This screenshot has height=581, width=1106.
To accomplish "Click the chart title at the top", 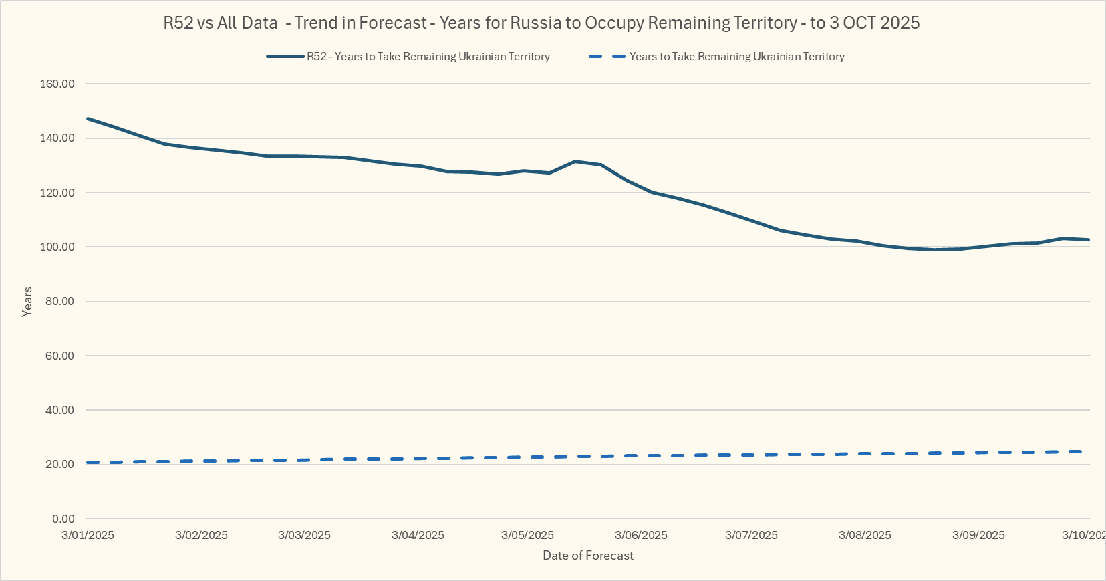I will pyautogui.click(x=541, y=23).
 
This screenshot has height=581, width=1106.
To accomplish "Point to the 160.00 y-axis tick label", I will pyautogui.click(x=57, y=84).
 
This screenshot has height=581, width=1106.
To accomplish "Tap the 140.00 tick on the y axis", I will pyautogui.click(x=57, y=138).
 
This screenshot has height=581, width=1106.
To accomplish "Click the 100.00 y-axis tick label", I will pyautogui.click(x=57, y=247).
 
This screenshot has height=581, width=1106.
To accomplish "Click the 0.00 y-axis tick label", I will pyautogui.click(x=63, y=519).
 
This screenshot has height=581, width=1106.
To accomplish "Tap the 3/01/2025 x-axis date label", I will pyautogui.click(x=88, y=535).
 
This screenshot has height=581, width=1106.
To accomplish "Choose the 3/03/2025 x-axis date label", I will pyautogui.click(x=304, y=535).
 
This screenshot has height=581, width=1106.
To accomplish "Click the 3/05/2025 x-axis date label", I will pyautogui.click(x=527, y=535).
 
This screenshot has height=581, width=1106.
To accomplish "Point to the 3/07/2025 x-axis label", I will pyautogui.click(x=751, y=535).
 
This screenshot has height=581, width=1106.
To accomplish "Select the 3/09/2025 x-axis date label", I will pyautogui.click(x=978, y=535).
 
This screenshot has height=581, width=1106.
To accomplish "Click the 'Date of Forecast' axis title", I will pyautogui.click(x=588, y=556).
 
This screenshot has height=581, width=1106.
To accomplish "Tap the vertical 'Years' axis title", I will pyautogui.click(x=27, y=302).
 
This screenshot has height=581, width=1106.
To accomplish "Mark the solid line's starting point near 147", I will pyautogui.click(x=88, y=118).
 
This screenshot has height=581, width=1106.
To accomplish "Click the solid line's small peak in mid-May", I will pyautogui.click(x=575, y=161).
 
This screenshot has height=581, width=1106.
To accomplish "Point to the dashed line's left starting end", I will pyautogui.click(x=89, y=463).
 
